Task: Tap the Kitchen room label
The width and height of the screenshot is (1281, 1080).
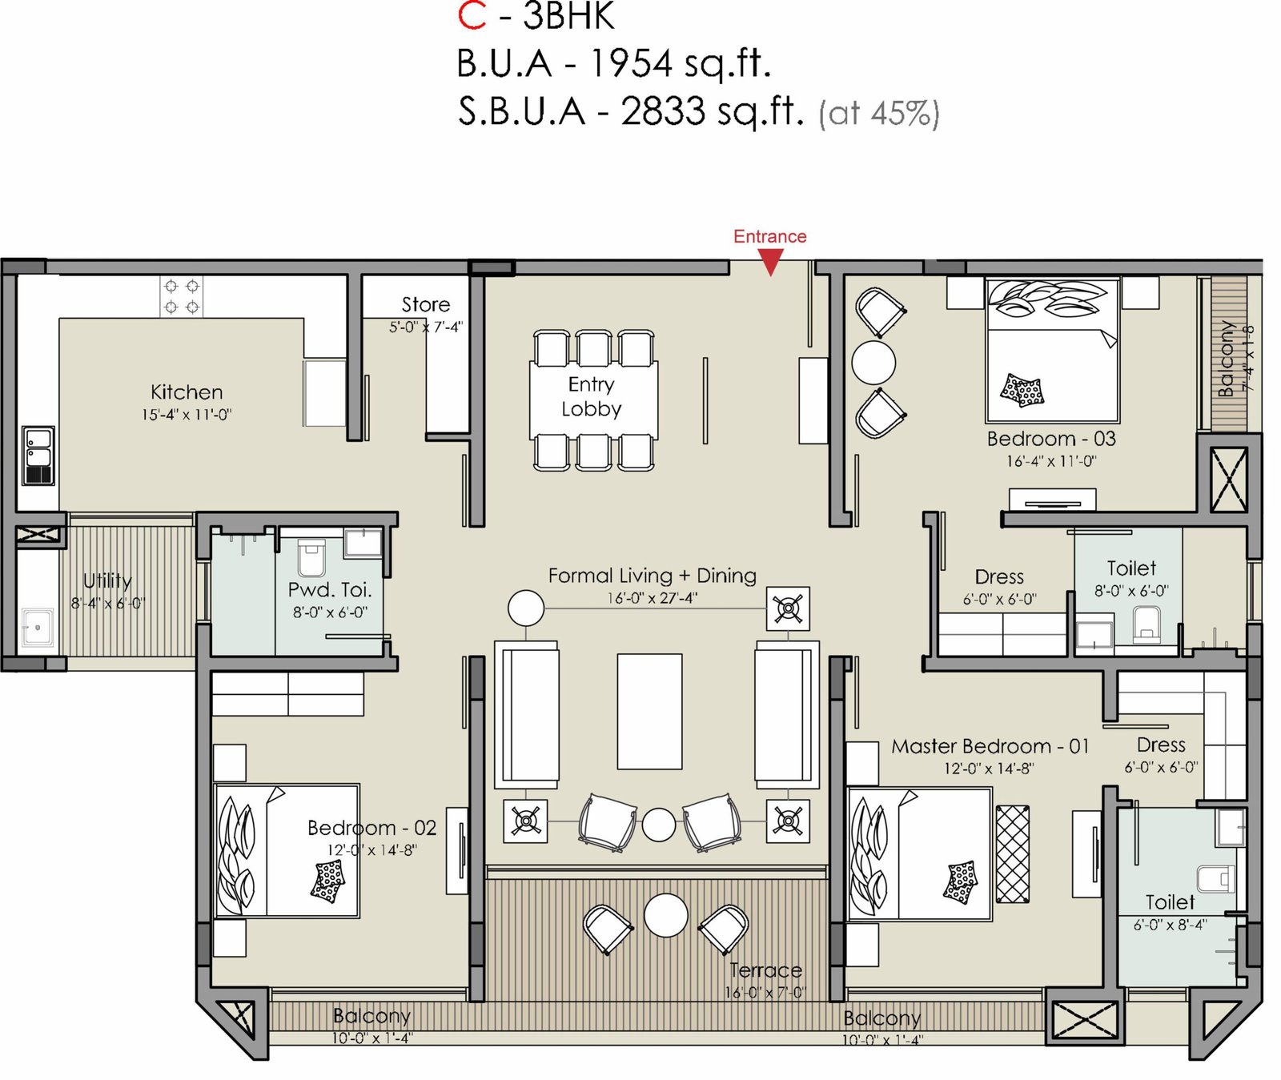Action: (x=187, y=392)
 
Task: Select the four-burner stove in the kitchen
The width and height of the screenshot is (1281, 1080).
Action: (x=182, y=296)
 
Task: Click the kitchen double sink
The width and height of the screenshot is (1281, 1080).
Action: (x=38, y=456)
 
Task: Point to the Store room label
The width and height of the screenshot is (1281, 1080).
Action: (x=425, y=304)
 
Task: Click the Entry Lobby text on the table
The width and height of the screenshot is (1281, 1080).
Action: (x=592, y=396)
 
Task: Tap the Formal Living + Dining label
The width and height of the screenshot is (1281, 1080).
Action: (x=652, y=576)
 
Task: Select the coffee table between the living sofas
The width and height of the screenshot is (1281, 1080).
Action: (x=649, y=711)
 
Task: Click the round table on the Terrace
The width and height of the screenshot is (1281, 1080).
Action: (x=666, y=915)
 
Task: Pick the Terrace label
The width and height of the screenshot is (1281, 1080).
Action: (x=765, y=970)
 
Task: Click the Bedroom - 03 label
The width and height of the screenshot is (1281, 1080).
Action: (x=1051, y=439)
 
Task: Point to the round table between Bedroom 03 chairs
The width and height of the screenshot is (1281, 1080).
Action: (x=873, y=362)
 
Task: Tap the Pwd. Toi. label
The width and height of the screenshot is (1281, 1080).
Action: (x=330, y=590)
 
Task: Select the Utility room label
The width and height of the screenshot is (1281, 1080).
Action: (x=107, y=581)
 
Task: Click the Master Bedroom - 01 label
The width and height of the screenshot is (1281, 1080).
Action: (x=990, y=746)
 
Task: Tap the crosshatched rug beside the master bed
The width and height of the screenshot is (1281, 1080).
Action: (x=1013, y=854)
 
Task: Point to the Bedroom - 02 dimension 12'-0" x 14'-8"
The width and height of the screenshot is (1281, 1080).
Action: (x=371, y=849)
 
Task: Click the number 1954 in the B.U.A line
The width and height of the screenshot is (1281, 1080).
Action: (x=632, y=63)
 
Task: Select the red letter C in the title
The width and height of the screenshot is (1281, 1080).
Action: (x=472, y=16)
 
